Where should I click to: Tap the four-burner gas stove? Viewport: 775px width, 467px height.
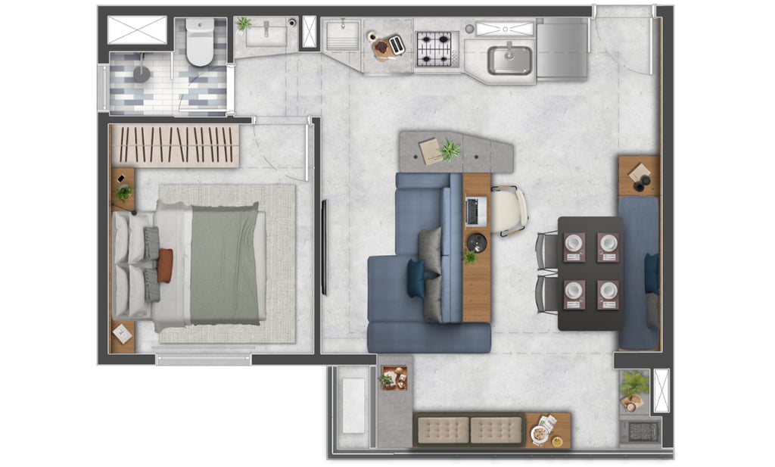tap(437, 48)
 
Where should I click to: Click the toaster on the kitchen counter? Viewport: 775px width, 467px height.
tap(397, 45)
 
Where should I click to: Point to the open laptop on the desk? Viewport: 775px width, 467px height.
tap(475, 211)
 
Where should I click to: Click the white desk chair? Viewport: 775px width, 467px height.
tap(509, 210)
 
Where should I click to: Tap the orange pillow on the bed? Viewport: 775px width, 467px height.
tap(165, 266)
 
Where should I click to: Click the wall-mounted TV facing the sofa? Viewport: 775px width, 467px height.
tap(324, 247)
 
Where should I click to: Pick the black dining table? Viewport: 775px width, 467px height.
tap(590, 272)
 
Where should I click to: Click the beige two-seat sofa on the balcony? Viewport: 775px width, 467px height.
tap(469, 430)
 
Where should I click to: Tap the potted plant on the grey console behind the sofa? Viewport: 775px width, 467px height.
tap(450, 150)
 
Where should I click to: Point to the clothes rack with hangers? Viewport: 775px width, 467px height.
tap(176, 145)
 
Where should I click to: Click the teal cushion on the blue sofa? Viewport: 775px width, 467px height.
tap(416, 278)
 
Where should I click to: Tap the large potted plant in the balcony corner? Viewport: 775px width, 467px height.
tap(634, 384)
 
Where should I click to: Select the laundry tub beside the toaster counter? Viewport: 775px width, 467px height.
tap(343, 36)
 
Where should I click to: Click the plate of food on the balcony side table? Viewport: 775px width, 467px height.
tap(540, 434)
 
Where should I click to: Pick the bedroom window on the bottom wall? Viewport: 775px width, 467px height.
tap(204, 360)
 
